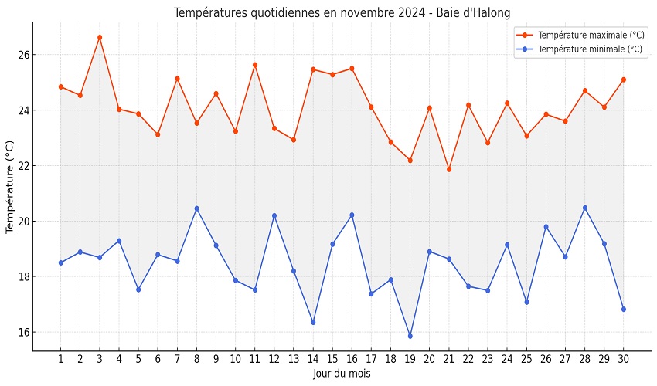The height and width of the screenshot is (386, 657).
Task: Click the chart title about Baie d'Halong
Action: (x=342, y=13)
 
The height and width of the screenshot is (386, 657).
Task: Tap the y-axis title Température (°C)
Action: (x=10, y=187)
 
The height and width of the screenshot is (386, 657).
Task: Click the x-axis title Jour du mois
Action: (x=342, y=374)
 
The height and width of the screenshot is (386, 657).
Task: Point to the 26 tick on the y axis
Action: (x=24, y=55)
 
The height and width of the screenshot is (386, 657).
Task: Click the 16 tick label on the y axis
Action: (x=24, y=333)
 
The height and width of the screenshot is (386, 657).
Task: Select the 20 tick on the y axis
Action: (x=24, y=222)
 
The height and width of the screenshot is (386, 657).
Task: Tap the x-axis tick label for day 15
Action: (x=332, y=359)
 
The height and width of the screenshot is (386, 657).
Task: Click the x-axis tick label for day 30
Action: (x=623, y=359)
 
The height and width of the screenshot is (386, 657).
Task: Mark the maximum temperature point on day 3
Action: (x=100, y=37)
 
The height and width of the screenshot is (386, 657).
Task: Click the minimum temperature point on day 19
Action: (x=410, y=336)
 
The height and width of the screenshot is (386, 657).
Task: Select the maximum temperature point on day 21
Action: (x=449, y=169)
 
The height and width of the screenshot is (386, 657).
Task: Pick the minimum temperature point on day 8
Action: (x=196, y=208)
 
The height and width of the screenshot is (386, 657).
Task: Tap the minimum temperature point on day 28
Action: (x=584, y=208)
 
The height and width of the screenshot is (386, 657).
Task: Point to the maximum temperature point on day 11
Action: (x=255, y=65)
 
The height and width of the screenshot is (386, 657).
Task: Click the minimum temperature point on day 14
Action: (x=313, y=322)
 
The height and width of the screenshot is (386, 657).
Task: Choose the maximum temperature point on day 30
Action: (x=623, y=80)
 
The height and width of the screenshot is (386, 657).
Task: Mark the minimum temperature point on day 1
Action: (x=61, y=262)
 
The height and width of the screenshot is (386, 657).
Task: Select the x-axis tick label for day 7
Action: (x=177, y=359)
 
